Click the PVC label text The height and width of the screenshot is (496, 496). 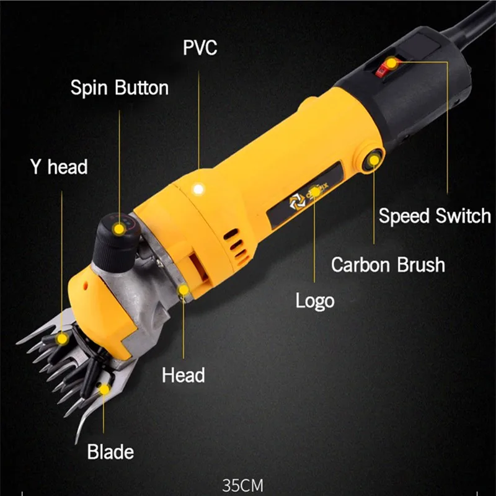[200, 48]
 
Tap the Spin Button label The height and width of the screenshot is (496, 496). [119, 87]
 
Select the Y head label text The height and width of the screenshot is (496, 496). [59, 166]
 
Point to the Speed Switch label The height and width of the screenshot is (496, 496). [435, 216]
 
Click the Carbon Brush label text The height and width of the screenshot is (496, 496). [387, 265]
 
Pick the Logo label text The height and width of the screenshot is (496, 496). [314, 301]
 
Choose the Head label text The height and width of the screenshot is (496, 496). [183, 374]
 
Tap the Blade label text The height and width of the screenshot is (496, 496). [110, 451]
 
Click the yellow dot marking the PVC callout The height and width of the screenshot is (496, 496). [198, 187]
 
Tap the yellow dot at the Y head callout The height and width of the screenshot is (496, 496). [62, 339]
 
